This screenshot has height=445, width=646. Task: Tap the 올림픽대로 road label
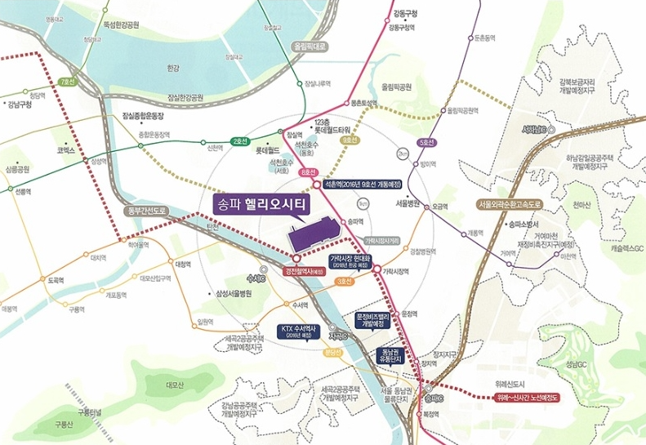307,47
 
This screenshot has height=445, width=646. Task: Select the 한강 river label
173,68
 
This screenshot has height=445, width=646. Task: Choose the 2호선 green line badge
239,141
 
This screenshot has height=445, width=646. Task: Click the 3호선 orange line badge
345,283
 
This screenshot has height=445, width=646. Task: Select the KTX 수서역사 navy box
296,330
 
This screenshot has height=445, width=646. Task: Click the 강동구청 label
404,13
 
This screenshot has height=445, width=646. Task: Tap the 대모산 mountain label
176,383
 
